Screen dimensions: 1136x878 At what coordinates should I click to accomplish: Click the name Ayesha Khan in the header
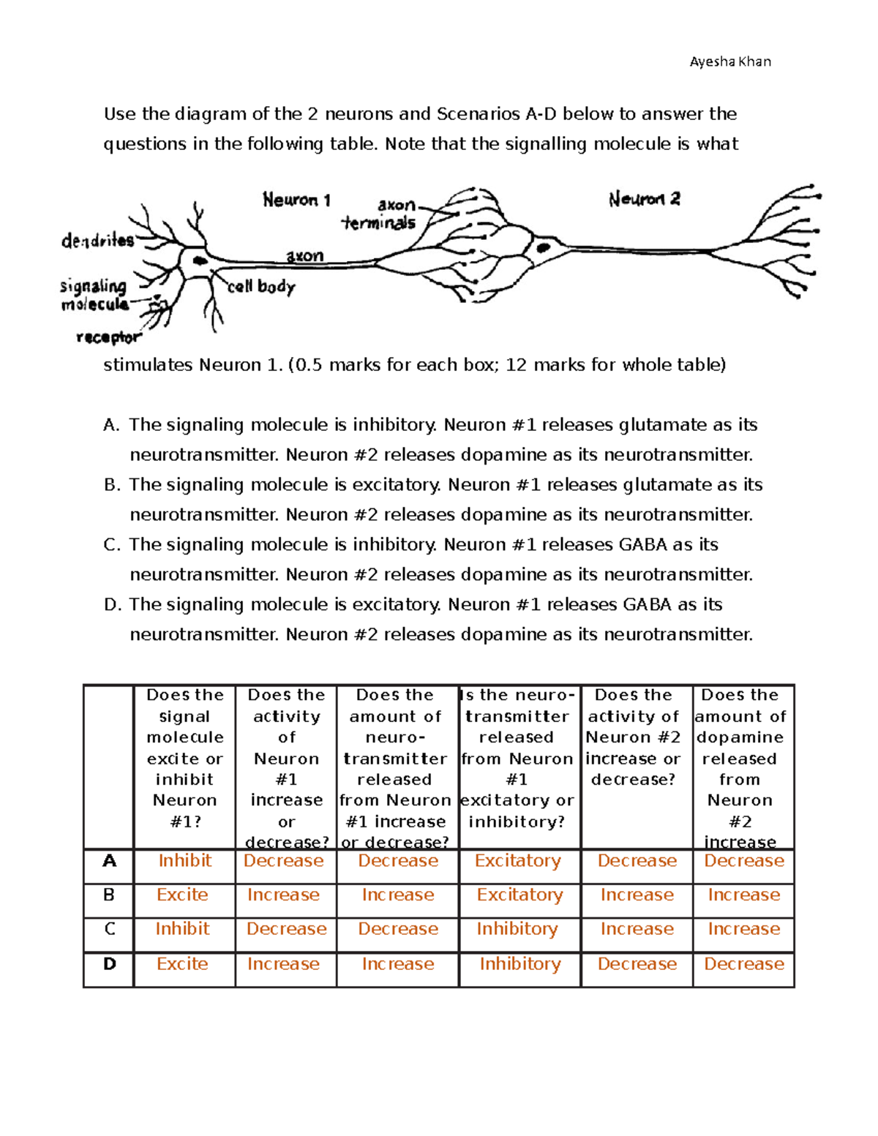(x=729, y=61)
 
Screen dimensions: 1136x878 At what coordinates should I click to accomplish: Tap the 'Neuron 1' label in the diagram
(x=296, y=200)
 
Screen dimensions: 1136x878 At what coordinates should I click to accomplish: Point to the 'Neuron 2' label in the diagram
(x=644, y=199)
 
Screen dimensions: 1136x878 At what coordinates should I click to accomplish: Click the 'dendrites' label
(x=97, y=241)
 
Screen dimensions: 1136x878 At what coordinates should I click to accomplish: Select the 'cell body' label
(x=261, y=287)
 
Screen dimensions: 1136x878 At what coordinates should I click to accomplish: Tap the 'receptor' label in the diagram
(x=108, y=337)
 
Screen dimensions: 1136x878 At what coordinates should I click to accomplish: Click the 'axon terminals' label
(x=380, y=214)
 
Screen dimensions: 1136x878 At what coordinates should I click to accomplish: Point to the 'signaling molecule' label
(x=94, y=295)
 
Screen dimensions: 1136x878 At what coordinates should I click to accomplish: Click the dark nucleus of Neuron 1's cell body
(x=198, y=260)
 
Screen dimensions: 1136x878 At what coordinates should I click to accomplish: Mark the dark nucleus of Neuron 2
(x=543, y=248)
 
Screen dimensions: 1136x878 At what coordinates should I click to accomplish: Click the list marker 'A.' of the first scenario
(x=111, y=425)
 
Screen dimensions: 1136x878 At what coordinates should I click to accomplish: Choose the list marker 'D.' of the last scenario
(x=112, y=605)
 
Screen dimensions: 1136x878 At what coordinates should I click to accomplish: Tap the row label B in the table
(x=109, y=895)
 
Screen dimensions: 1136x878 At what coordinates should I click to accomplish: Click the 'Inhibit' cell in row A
(x=184, y=861)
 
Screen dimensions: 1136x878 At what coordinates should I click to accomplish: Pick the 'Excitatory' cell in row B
(x=519, y=895)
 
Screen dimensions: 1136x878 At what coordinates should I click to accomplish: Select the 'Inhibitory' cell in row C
(x=517, y=929)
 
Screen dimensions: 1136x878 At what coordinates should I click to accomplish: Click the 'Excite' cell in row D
(x=182, y=964)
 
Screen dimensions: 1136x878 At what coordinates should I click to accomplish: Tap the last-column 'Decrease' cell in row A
(x=743, y=861)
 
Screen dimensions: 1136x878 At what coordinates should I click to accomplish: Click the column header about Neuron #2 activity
(x=634, y=737)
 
